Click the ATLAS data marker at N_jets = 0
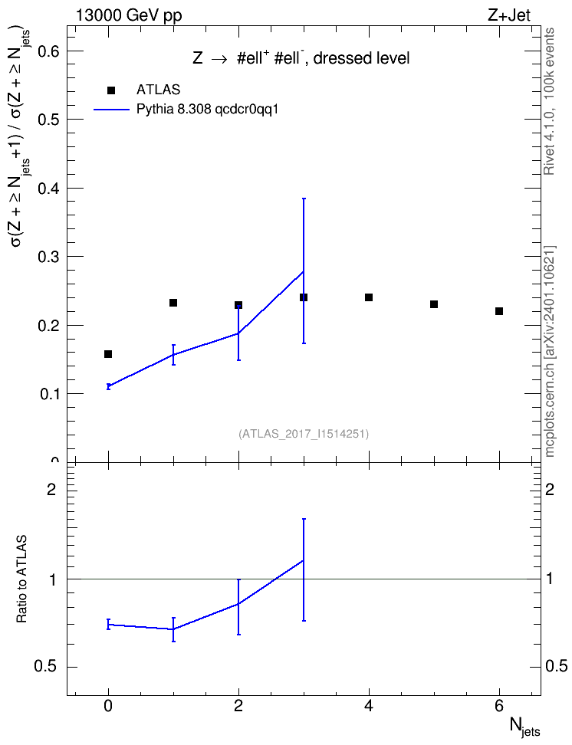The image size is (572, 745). [108, 354]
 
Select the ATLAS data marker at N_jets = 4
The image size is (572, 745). [369, 297]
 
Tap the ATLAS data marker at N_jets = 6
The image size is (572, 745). [499, 311]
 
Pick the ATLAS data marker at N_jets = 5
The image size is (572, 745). [434, 304]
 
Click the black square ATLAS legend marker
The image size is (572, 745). [111, 90]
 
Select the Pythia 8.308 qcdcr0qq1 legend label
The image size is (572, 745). [207, 110]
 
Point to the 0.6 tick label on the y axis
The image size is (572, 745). [48, 51]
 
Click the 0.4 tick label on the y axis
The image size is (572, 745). [48, 188]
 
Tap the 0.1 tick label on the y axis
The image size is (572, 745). [48, 394]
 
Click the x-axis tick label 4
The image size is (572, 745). [369, 706]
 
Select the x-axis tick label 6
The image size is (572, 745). [499, 706]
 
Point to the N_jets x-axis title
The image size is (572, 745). [524, 727]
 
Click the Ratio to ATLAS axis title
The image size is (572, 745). [21, 579]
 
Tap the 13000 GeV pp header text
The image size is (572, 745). [128, 15]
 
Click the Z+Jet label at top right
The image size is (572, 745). [509, 15]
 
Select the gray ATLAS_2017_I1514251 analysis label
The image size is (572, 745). [304, 434]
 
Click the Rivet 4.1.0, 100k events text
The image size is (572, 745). [549, 101]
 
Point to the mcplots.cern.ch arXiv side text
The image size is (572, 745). [550, 351]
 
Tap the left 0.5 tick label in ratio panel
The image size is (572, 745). [46, 667]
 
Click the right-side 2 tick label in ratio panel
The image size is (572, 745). [550, 489]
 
